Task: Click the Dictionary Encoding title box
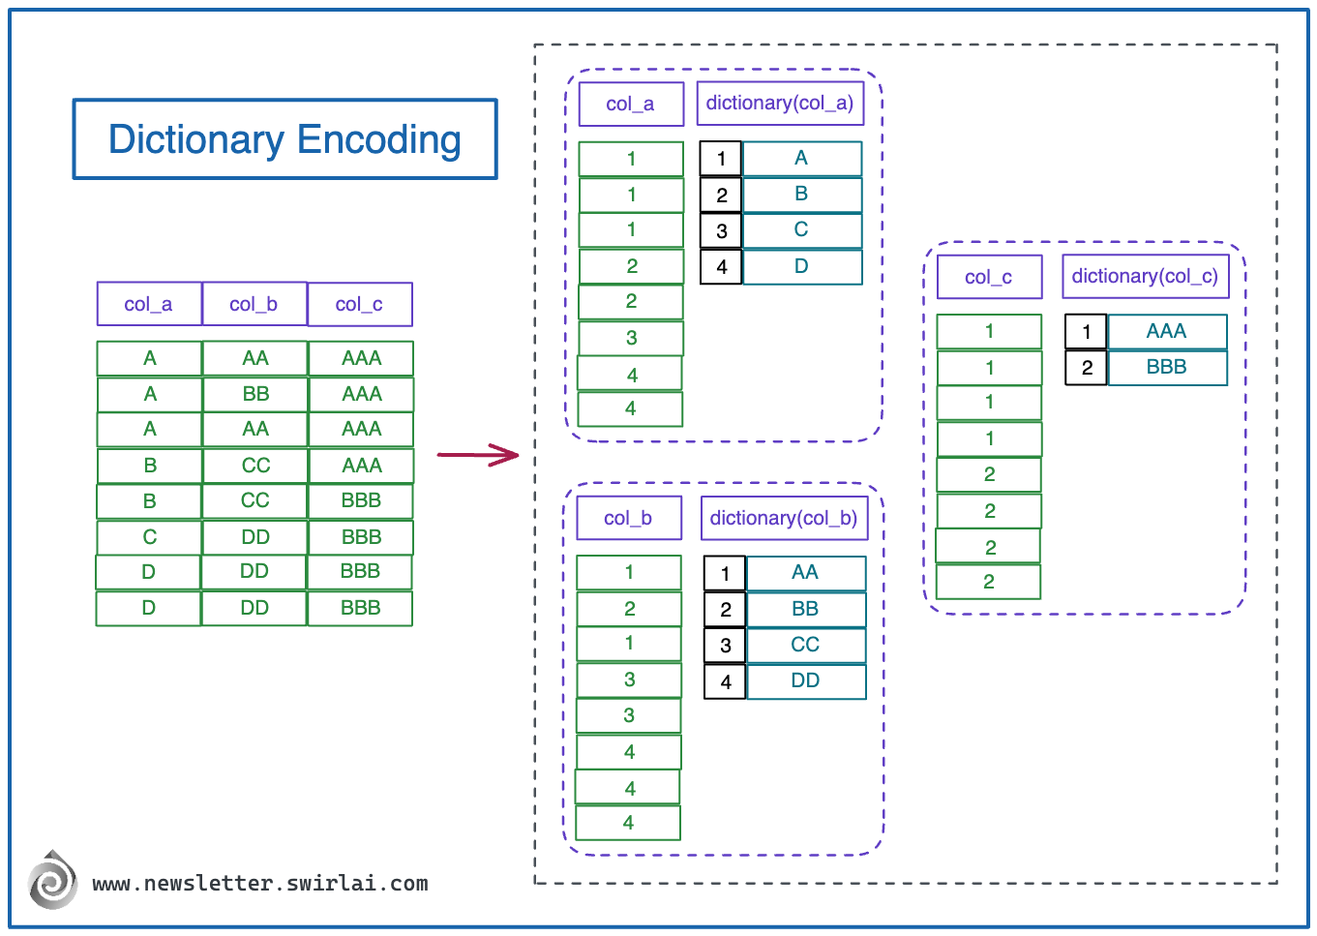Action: click(284, 139)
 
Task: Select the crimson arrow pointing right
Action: click(478, 454)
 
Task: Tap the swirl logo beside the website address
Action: click(53, 880)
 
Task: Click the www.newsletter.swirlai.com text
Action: click(260, 884)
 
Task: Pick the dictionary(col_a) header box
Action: click(779, 104)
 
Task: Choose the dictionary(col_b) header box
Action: click(783, 518)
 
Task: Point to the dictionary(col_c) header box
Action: click(1145, 277)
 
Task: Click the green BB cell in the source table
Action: click(255, 394)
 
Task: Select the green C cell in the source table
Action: click(149, 537)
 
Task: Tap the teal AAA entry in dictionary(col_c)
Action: click(1166, 331)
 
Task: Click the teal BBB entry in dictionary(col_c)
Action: click(1166, 368)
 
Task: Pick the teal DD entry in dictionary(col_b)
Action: click(805, 681)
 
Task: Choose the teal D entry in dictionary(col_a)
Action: click(801, 267)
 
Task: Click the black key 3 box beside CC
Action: click(725, 646)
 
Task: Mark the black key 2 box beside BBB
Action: click(1086, 368)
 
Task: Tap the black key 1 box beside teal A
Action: click(721, 159)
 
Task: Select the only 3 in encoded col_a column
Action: click(631, 338)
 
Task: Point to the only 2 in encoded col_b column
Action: click(629, 609)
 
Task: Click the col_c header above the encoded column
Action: click(989, 278)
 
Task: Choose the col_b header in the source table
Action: click(254, 304)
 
